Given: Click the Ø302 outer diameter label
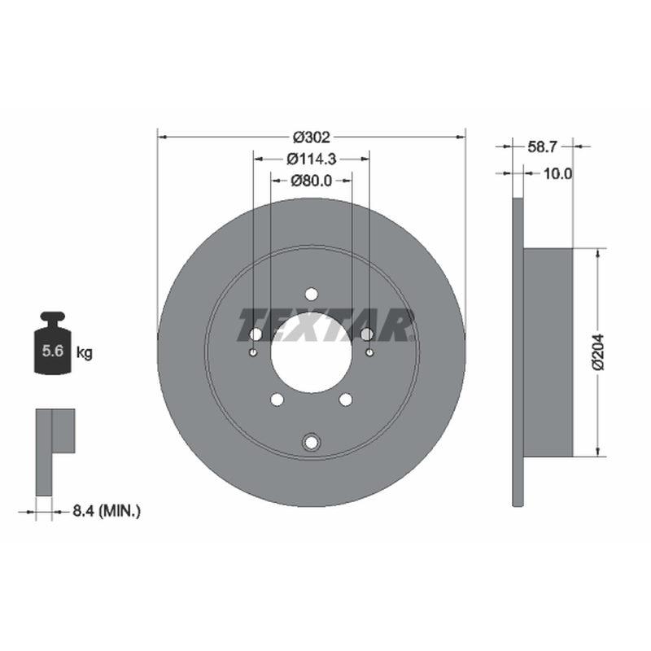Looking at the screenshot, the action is click(312, 137).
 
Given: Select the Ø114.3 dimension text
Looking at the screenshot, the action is click(312, 159).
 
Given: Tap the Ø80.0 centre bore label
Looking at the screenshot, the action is click(312, 181).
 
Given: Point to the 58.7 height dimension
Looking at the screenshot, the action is click(542, 146).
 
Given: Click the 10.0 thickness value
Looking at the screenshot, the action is click(557, 173).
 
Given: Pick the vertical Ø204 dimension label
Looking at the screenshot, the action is click(598, 352).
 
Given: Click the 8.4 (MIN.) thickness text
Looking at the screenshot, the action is click(107, 511).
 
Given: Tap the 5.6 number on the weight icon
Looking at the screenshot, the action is click(53, 352).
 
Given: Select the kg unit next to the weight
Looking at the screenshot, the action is click(85, 353).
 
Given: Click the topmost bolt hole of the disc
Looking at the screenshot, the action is click(312, 295).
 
